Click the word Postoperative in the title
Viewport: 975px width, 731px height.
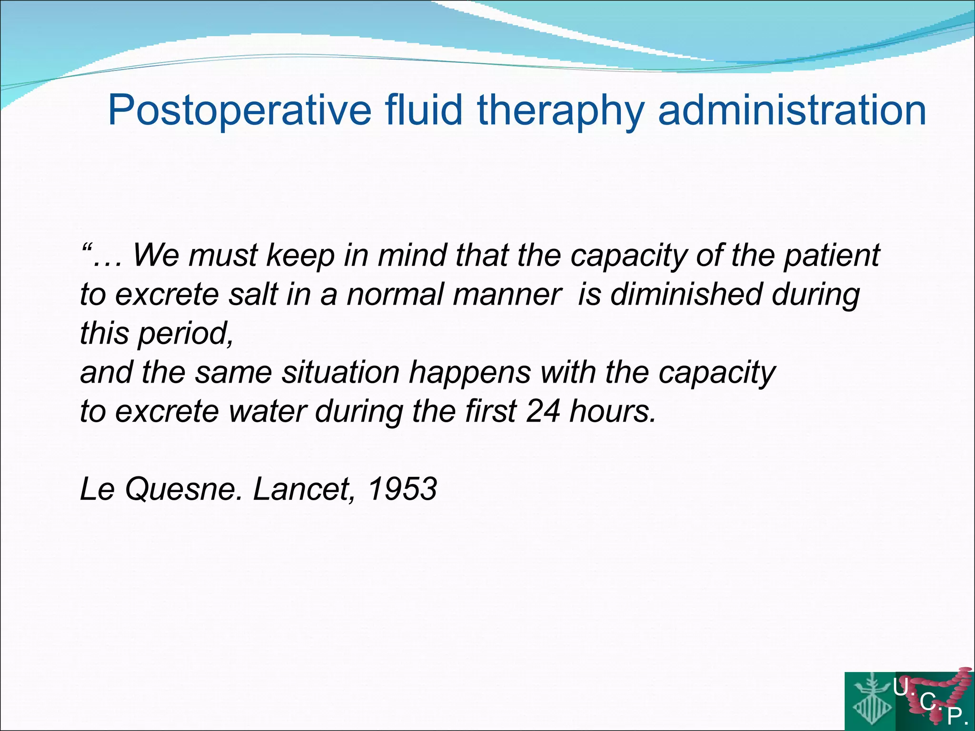239,110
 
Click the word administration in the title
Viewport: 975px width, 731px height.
792,110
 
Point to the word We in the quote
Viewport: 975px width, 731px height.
155,255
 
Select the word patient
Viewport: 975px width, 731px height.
831,256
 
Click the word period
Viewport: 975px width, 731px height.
185,334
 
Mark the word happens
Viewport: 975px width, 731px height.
469,373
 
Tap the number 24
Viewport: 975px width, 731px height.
543,411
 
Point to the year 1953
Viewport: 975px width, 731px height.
402,489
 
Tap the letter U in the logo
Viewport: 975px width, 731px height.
900,687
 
